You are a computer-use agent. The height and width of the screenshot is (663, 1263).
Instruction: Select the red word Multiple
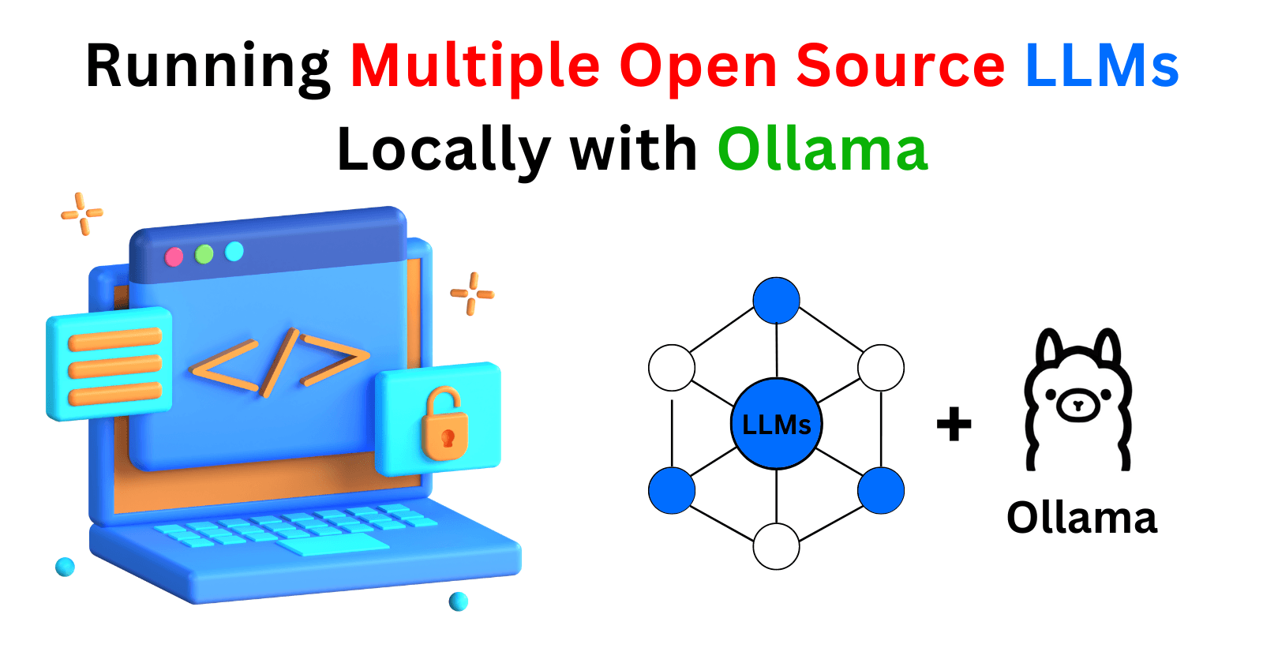474,66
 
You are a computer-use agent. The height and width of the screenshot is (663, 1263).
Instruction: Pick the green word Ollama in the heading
822,149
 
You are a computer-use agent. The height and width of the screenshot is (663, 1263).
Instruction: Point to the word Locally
443,150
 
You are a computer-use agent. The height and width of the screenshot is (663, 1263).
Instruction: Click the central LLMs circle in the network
777,425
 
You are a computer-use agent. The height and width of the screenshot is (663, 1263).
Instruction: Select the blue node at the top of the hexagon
777,301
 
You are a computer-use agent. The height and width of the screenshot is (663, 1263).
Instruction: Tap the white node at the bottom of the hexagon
777,546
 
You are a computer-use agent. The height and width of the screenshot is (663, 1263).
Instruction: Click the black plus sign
954,425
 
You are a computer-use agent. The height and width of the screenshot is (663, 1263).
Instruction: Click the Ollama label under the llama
1081,519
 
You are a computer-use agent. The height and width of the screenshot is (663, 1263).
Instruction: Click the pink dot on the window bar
174,257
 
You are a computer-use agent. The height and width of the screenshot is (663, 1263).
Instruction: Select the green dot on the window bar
204,254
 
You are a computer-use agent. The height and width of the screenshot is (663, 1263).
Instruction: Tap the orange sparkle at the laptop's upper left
82,213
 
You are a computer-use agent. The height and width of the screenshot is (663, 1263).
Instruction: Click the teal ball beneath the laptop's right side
459,601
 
